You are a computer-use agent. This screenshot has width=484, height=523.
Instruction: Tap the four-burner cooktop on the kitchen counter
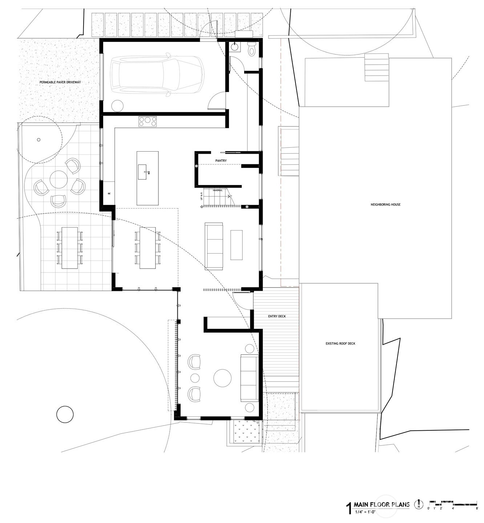coord(148,121)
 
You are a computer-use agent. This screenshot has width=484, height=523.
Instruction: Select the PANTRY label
coord(221,161)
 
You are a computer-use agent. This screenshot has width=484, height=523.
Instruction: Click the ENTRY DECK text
coord(277,316)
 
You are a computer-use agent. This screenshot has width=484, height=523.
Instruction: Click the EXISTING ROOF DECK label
coord(340,343)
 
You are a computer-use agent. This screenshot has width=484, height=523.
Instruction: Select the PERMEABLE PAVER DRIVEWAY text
coord(60,83)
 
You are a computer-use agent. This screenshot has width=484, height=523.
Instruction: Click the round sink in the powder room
coord(235,47)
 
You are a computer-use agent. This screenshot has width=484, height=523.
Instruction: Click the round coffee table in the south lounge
coord(222,378)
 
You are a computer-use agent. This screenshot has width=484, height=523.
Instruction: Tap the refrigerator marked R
coord(109,193)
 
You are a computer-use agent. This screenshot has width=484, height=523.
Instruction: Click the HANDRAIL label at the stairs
coord(217,190)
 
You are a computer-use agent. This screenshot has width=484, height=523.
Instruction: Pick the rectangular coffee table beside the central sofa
coord(236,245)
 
